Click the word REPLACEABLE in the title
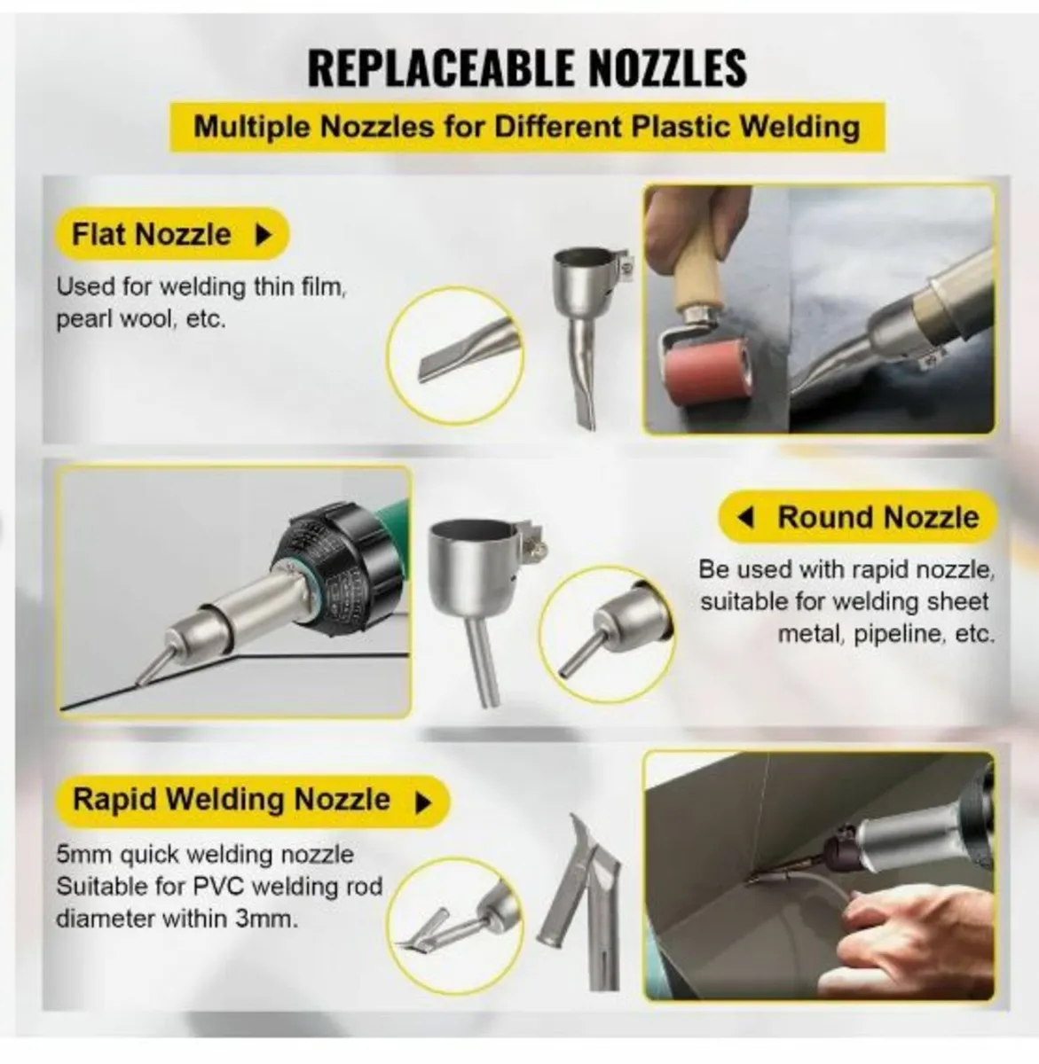pyautogui.click(x=442, y=68)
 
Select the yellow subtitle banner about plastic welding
pyautogui.click(x=527, y=127)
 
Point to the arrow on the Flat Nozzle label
pyautogui.click(x=264, y=235)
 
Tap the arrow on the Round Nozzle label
pyautogui.click(x=745, y=517)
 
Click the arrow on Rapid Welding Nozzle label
pyautogui.click(x=423, y=802)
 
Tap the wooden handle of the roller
pyautogui.click(x=694, y=283)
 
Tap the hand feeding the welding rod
pyautogui.click(x=914, y=934)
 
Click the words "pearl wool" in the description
pyautogui.click(x=114, y=319)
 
